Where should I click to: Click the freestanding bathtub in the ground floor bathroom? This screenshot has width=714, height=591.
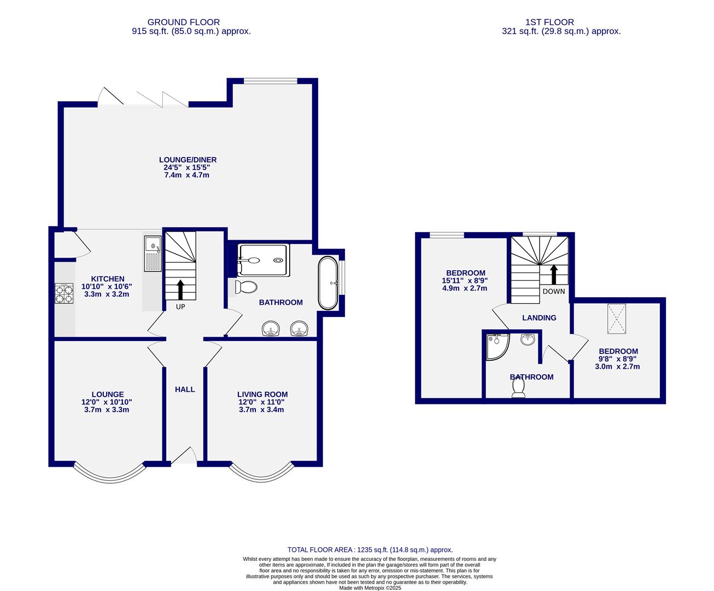pos(327,283)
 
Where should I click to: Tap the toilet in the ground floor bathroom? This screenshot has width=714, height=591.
pos(247,287)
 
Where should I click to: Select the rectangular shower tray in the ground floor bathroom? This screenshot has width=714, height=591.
pos(263,260)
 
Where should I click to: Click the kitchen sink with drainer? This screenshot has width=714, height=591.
pos(152,253)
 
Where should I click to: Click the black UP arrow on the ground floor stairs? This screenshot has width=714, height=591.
pos(180,289)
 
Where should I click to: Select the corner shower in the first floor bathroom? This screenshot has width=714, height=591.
pos(496,346)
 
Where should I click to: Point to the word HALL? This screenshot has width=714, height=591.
pos(185,390)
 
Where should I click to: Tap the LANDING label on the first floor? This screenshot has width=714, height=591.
pos(539,317)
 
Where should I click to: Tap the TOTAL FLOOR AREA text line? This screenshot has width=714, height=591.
pos(370,549)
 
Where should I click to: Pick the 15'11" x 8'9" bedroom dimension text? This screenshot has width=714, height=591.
pos(465,281)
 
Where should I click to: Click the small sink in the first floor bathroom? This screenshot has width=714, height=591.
pos(528,340)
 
